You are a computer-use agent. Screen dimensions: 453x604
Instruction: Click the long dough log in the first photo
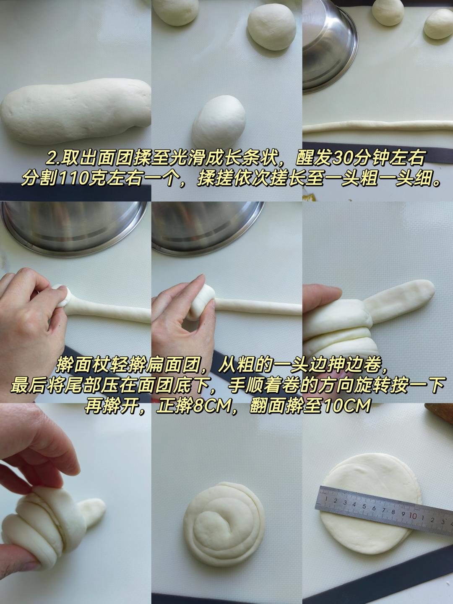[x=75, y=112]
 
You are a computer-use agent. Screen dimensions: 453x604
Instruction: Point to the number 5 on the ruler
[x=364, y=506]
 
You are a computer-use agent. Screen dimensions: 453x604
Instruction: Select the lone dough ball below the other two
[x=219, y=121]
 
